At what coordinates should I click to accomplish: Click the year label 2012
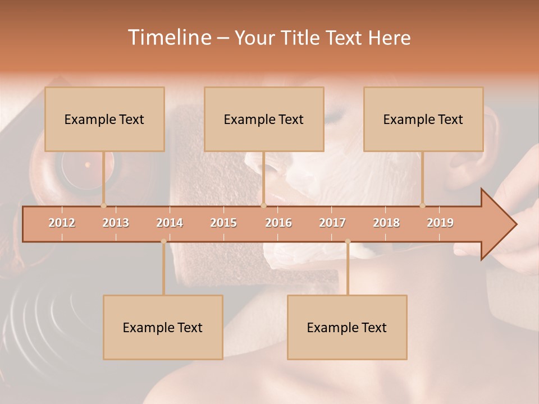62,223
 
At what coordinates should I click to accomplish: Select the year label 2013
116,223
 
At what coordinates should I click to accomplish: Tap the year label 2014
170,223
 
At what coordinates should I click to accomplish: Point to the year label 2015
223,223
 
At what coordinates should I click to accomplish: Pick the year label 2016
278,223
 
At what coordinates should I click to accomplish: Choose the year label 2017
332,223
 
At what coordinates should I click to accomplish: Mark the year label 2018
386,223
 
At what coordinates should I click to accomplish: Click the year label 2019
440,223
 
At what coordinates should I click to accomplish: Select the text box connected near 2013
104,119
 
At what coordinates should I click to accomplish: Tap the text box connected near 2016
264,119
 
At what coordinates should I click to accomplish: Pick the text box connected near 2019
423,119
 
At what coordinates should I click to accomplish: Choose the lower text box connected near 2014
163,327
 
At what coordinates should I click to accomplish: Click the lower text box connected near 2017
347,327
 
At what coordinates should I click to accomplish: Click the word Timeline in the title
168,38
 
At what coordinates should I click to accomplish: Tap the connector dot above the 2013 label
103,205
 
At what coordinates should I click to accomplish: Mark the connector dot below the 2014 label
163,241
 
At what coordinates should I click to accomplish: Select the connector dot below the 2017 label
348,241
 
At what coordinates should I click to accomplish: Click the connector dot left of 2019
422,205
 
